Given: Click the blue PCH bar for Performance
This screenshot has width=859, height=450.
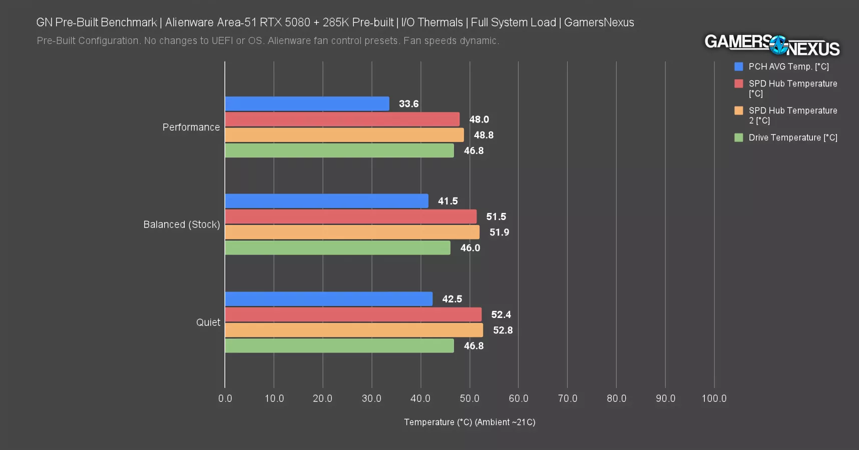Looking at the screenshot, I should coord(307,103).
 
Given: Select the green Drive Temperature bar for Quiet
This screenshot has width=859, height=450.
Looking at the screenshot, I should coord(339,345).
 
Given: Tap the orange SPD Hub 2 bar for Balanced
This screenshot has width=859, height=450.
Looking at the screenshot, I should coord(352,232).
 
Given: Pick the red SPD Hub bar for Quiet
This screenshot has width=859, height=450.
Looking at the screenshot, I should coord(353,314).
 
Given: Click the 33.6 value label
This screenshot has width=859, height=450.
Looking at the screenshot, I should coord(408,104).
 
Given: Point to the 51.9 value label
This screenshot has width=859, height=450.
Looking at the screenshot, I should coord(499,232).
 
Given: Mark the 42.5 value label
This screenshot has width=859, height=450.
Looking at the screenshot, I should coord(452,299).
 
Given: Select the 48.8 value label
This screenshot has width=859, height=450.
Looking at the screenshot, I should coord(484,135).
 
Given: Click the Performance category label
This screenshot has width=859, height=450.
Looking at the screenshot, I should coord(191,127).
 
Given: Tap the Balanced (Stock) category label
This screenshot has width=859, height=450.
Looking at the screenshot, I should coord(182,224).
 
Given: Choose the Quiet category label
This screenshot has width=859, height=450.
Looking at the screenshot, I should coord(208,322).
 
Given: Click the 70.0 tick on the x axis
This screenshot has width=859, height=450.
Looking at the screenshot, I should coord(568,398).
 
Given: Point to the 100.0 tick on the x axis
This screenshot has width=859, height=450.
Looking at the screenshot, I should coord(714,398).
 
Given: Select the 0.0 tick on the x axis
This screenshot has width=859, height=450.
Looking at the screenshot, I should coord(225,398).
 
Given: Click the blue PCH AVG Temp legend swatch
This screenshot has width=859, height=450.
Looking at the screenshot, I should coord(738,66).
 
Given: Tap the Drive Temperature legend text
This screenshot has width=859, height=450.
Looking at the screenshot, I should coord(793,137).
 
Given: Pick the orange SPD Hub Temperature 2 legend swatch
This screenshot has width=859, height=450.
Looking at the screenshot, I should coord(738,110).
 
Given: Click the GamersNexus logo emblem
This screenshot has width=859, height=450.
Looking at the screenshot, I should coord(778,45).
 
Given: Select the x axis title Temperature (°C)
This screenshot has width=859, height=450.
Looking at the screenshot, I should coord(470,422).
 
